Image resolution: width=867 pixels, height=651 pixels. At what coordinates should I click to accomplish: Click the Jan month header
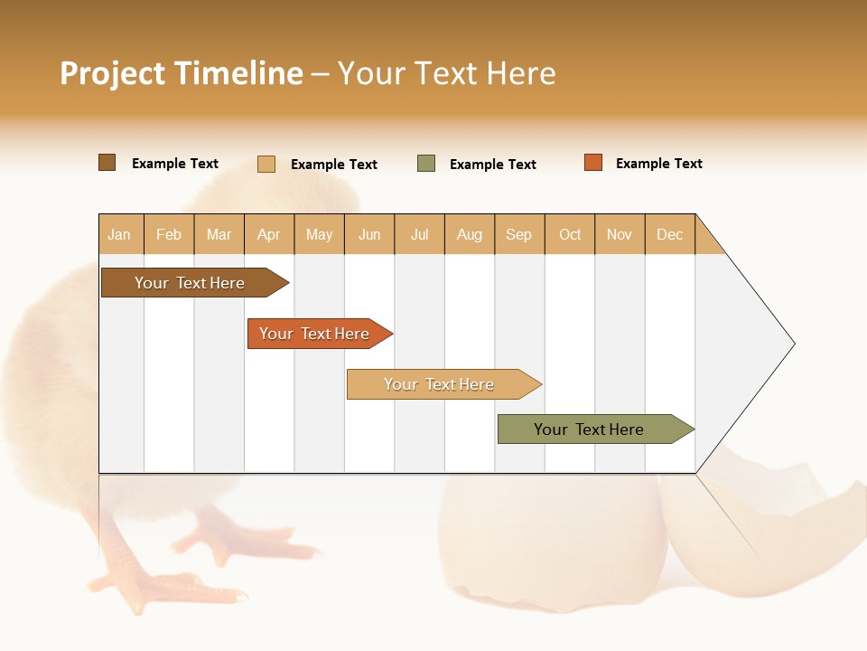click(x=120, y=234)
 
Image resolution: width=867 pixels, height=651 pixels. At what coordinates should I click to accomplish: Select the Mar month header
click(x=219, y=234)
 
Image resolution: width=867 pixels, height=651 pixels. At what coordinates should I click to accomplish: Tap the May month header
click(x=319, y=234)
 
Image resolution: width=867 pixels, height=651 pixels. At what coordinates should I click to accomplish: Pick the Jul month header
click(x=419, y=234)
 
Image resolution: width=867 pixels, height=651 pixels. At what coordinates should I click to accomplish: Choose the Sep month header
click(x=518, y=234)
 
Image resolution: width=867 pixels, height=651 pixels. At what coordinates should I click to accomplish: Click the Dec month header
click(x=669, y=234)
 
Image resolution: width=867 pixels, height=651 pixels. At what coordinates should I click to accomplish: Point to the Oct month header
click(x=570, y=234)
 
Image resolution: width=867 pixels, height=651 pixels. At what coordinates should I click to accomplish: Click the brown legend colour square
click(x=107, y=163)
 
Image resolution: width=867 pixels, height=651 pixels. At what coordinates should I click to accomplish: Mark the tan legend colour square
click(x=266, y=164)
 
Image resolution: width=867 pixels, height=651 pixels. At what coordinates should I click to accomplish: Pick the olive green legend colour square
click(x=426, y=164)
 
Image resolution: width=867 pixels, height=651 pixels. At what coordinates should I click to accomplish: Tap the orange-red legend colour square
click(x=593, y=163)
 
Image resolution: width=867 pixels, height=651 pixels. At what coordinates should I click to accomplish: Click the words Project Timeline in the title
click(x=181, y=73)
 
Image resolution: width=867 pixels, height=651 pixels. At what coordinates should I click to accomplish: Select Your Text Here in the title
click(x=446, y=73)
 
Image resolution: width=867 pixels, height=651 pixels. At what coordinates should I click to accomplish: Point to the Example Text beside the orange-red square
click(x=658, y=164)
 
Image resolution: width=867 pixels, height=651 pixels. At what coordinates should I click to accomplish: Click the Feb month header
click(x=169, y=234)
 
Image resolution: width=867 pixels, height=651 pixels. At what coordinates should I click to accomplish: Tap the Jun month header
click(x=369, y=234)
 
